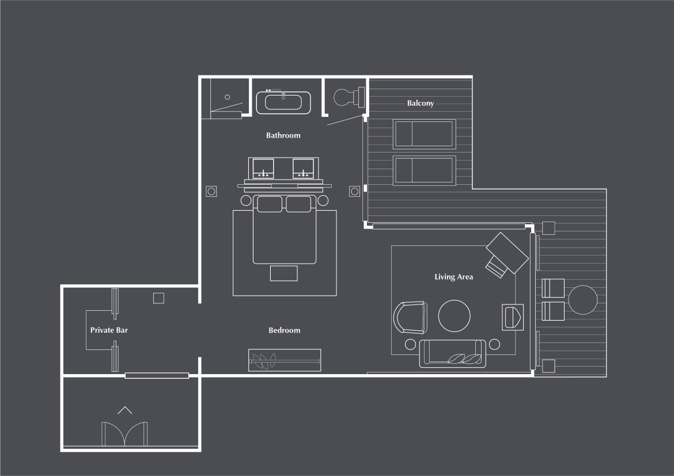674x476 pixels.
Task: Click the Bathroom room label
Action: [283, 135]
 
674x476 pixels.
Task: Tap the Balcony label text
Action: [421, 103]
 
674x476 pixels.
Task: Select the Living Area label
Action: [453, 277]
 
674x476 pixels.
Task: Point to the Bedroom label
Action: [284, 330]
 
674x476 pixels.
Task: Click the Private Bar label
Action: [109, 330]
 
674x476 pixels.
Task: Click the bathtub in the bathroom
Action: [283, 102]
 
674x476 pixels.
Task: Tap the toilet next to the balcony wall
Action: [348, 97]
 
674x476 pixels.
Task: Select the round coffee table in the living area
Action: [454, 316]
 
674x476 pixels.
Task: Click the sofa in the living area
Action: [452, 353]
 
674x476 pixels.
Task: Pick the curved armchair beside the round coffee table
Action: [410, 318]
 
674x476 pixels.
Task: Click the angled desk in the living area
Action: [507, 253]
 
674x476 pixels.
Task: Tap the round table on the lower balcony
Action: [583, 300]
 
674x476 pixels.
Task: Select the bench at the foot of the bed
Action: [283, 273]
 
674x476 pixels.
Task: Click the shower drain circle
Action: [228, 97]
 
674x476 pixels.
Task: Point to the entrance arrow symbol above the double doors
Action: [124, 410]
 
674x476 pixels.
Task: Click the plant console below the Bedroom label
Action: [285, 360]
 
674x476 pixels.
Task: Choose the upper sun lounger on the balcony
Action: [424, 134]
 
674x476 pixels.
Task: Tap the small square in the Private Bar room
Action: [158, 298]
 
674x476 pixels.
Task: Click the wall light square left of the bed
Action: [211, 191]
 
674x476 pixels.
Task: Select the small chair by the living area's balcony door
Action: [513, 317]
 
